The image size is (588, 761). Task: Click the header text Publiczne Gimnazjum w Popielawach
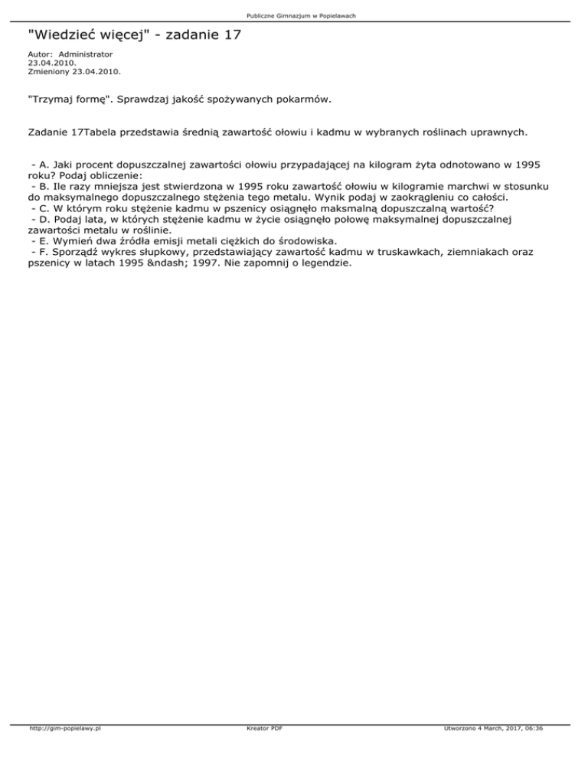coord(295,16)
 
